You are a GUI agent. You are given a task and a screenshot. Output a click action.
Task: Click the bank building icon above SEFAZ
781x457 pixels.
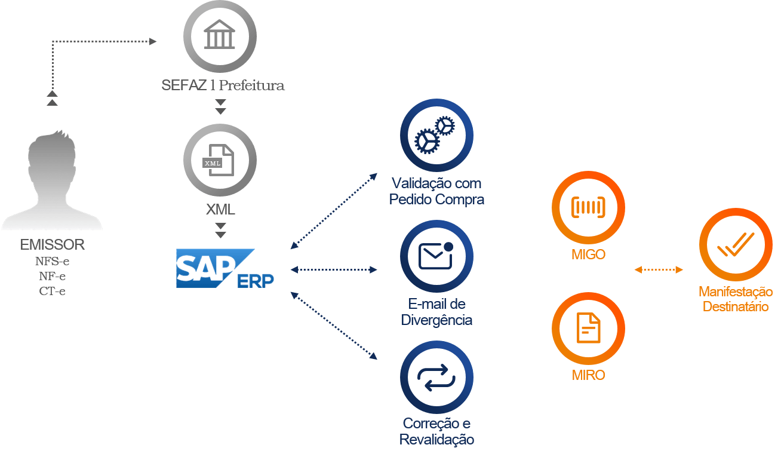pos(220,36)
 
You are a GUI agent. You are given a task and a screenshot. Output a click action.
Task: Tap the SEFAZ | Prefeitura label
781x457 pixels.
pos(223,85)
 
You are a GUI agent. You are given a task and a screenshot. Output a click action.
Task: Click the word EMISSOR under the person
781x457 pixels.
pos(53,245)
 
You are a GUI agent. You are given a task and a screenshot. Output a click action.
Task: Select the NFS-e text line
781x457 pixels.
pos(53,261)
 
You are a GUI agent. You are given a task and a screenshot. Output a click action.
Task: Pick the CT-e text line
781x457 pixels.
pos(53,291)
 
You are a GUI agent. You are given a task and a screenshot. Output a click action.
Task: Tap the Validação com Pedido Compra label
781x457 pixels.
pos(436,191)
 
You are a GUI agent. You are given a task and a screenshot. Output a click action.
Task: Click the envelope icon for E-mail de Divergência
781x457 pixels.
pos(436,256)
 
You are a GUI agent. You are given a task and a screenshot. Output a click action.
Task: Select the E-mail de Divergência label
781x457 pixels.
pos(436,312)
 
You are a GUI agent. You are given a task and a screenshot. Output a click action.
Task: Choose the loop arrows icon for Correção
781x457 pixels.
pos(436,378)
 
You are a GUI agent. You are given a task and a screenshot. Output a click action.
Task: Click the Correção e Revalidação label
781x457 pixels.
pos(436,431)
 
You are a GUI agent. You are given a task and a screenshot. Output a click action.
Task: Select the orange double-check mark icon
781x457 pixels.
pos(736,244)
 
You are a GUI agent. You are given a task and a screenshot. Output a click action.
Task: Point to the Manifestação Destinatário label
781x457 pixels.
pos(736,299)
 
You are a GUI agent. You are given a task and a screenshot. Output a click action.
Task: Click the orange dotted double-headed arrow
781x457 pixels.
pos(659,270)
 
